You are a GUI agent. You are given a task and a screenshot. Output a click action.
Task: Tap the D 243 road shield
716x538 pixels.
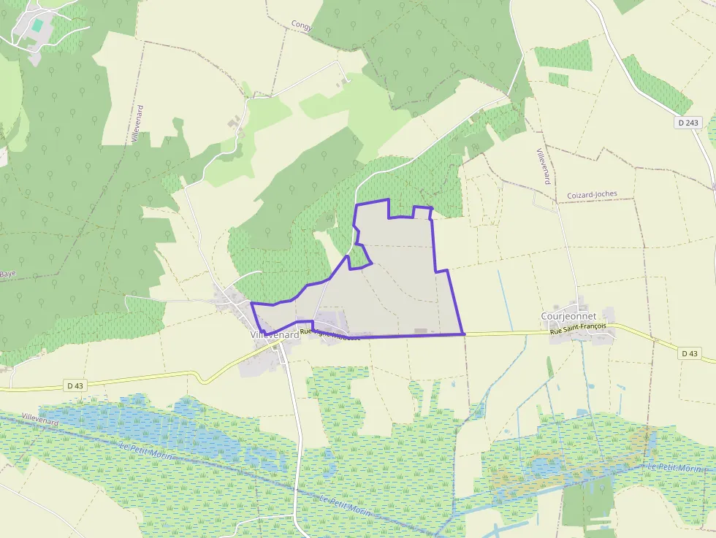pyautogui.click(x=688, y=123)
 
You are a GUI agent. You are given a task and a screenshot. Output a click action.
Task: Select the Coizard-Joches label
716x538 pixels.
pyautogui.click(x=592, y=195)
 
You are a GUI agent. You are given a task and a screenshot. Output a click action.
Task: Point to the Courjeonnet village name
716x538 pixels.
pyautogui.click(x=568, y=316)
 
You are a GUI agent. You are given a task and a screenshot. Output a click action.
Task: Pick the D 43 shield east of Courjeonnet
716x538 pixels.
pyautogui.click(x=688, y=353)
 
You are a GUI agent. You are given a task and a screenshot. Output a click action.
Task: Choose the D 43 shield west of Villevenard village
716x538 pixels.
pyautogui.click(x=75, y=385)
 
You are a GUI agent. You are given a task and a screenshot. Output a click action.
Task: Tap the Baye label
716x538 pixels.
pyautogui.click(x=7, y=274)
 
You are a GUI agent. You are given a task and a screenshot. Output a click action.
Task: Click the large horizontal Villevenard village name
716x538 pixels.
pyautogui.click(x=274, y=334)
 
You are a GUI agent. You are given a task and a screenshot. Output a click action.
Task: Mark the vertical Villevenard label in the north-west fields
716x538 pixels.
pyautogui.click(x=139, y=124)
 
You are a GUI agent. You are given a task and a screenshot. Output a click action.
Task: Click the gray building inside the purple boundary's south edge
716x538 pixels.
pyautogui.click(x=420, y=331)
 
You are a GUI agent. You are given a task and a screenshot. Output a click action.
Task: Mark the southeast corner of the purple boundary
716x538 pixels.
pyautogui.click(x=464, y=334)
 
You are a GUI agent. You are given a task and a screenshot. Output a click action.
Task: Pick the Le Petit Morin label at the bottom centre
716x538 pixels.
pyautogui.click(x=346, y=507)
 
